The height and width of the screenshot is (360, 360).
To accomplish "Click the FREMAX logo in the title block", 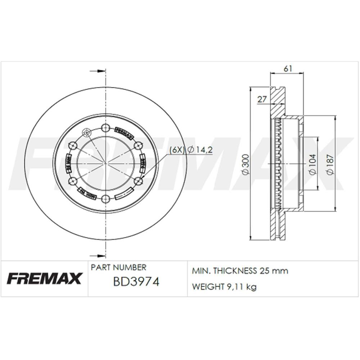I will coord(44,278).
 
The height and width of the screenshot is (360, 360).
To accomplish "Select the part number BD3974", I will coord(136,282).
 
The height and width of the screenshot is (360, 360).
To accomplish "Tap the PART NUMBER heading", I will coord(118,267).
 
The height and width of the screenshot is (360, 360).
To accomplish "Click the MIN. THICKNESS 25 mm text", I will coord(240,271).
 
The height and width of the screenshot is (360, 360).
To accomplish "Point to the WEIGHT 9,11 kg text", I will coord(224,287).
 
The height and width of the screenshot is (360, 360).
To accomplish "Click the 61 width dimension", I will coord(287,68).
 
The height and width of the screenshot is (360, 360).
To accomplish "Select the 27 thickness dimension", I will coord(262,99).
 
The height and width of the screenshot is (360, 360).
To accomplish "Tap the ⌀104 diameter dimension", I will coord(312,164).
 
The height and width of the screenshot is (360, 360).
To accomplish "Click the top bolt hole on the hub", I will coord(105,127).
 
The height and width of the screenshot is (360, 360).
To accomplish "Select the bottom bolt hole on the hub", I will coord(105,199).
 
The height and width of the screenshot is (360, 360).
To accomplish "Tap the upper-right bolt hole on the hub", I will coord(138,145).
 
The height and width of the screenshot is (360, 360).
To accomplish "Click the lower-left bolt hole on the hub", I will coord(73,181).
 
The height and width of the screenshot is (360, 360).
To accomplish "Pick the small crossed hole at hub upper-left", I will coord(86,133).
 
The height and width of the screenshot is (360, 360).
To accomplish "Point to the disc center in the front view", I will coord(105,163).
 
